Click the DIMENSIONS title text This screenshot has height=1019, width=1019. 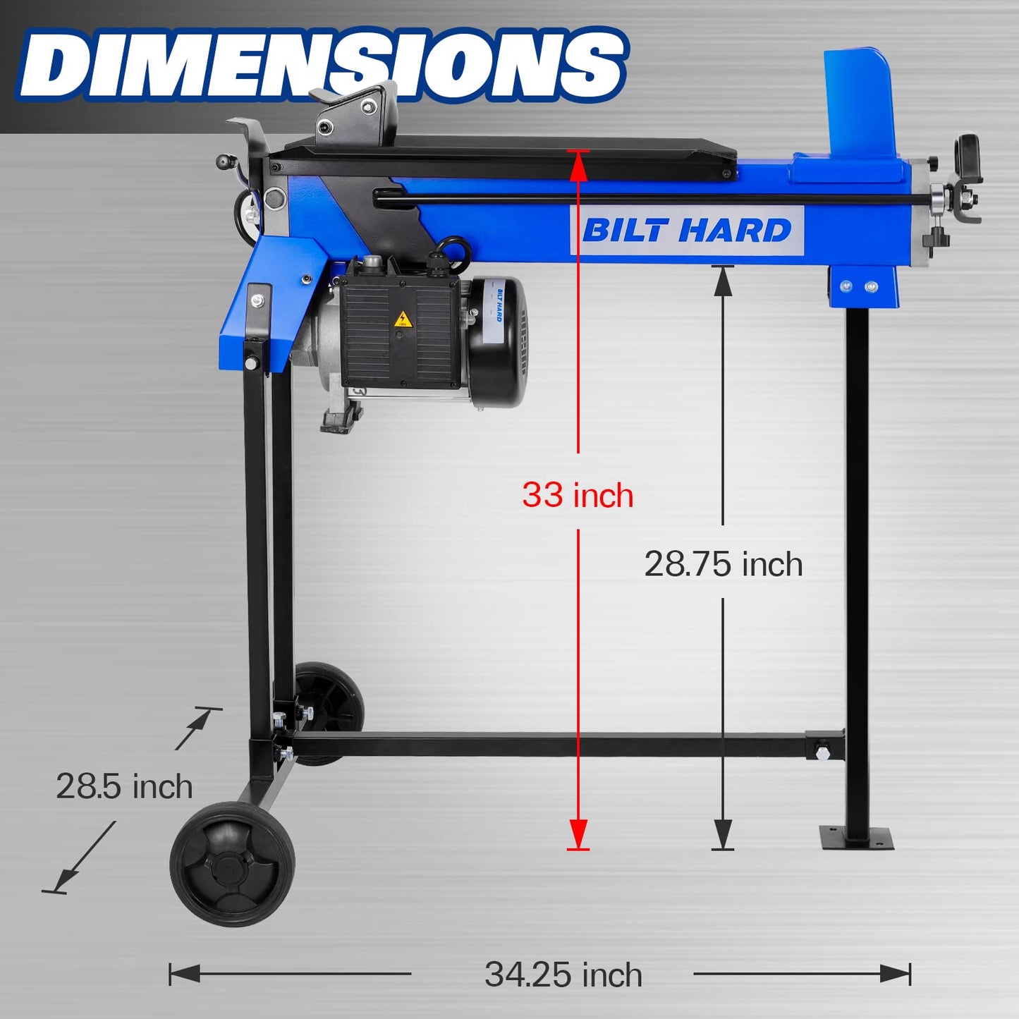tap(321, 65)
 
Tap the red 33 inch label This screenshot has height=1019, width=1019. tap(578, 494)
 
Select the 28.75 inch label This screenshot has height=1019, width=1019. tap(724, 564)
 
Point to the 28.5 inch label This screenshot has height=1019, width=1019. tap(124, 786)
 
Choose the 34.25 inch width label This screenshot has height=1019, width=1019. tap(563, 975)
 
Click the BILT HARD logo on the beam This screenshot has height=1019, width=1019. tap(687, 231)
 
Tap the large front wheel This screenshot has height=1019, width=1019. tap(233, 863)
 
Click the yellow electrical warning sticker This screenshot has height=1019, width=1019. tap(403, 319)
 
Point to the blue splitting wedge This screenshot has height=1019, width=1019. tap(860, 106)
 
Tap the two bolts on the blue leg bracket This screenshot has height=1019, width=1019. tap(859, 286)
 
